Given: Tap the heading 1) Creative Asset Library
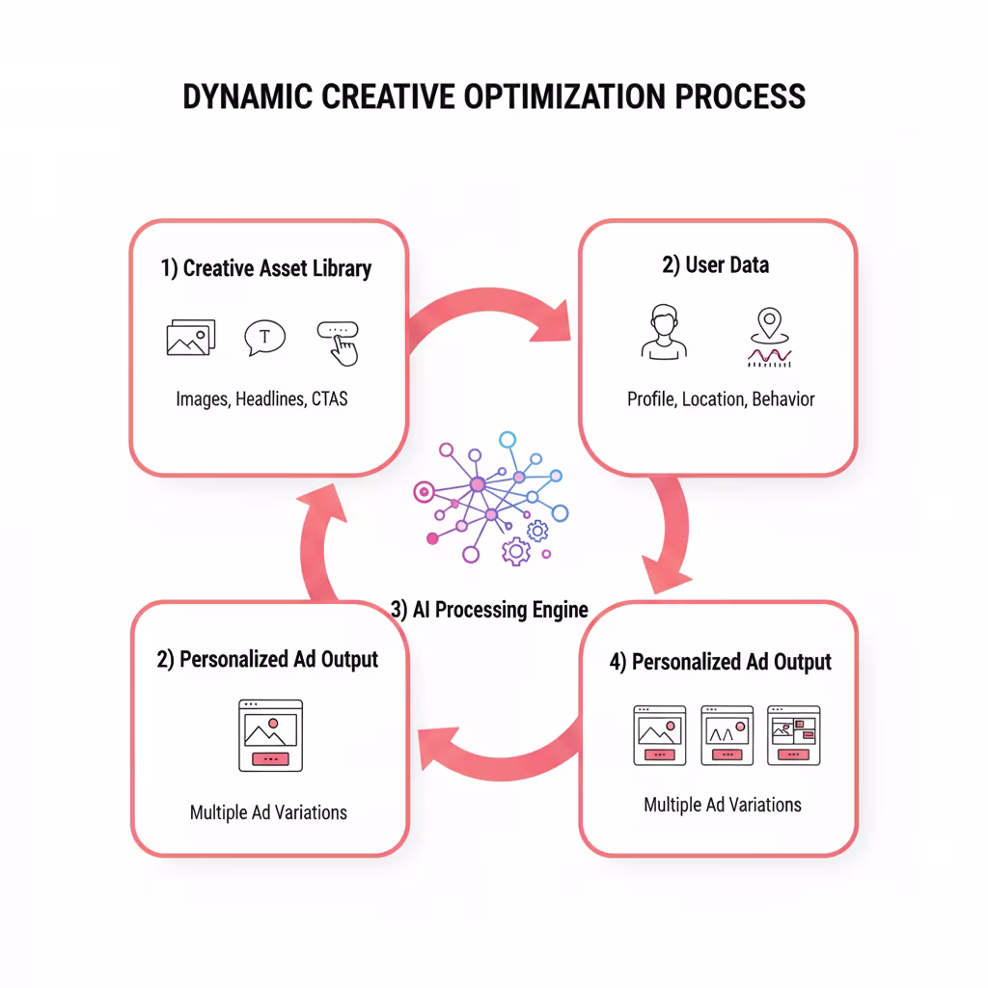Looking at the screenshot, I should tap(266, 269).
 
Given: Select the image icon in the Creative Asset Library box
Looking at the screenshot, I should tap(190, 338).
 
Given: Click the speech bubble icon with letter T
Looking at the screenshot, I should tap(265, 338).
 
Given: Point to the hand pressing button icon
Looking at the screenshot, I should tap(339, 342).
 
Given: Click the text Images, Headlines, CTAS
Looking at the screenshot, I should tap(261, 398).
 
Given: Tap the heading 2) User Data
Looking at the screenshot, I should tap(715, 265).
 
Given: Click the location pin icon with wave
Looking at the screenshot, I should tap(769, 338).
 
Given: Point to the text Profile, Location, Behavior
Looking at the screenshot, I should tap(721, 398).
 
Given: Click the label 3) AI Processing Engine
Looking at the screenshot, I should tap(489, 610).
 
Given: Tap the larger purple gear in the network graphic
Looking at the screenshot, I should tap(516, 551).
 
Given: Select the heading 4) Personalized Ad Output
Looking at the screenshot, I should tap(720, 662).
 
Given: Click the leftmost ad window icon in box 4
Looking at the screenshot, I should tap(659, 735).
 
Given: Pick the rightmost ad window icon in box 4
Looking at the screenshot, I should tap(793, 735).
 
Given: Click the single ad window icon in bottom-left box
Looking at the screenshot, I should tap(270, 735).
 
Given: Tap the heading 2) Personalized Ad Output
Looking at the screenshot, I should tap(267, 660).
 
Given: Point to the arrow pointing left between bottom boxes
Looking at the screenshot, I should tap(492, 748).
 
